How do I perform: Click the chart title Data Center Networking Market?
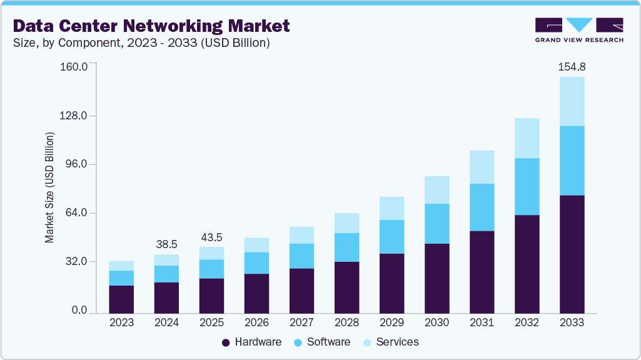coord(151,26)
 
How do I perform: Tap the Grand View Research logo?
coord(579,30)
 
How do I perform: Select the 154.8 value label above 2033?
coord(572,67)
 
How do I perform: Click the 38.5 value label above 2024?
coord(166,244)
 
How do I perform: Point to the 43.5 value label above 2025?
coord(211,237)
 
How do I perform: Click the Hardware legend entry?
coord(251,342)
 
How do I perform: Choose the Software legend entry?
coord(322,342)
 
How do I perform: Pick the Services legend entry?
coord(390,342)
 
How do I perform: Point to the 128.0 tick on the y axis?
coord(74,116)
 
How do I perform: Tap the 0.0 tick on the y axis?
coord(79,310)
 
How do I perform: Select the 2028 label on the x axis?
coord(346,323)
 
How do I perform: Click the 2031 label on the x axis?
coord(482,323)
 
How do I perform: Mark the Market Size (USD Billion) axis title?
coord(49,187)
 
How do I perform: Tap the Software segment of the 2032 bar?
coord(527,186)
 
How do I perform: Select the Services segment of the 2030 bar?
coord(437,189)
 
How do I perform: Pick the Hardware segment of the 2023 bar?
coord(121,299)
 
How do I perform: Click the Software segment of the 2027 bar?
coord(301,256)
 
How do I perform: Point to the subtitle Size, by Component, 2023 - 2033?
coord(141,43)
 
